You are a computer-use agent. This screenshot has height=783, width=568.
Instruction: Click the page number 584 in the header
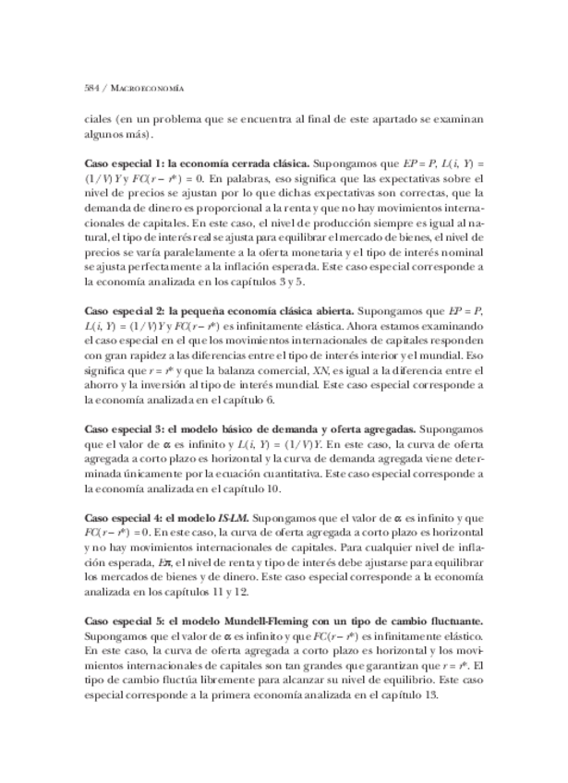[x=92, y=88]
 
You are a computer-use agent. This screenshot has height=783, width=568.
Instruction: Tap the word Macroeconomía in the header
[x=143, y=88]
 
